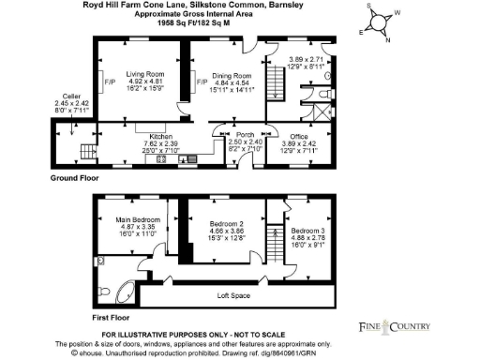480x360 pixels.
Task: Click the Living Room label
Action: (x=145, y=72)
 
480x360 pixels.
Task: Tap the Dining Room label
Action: (x=231, y=74)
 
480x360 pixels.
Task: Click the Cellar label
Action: (x=71, y=97)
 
